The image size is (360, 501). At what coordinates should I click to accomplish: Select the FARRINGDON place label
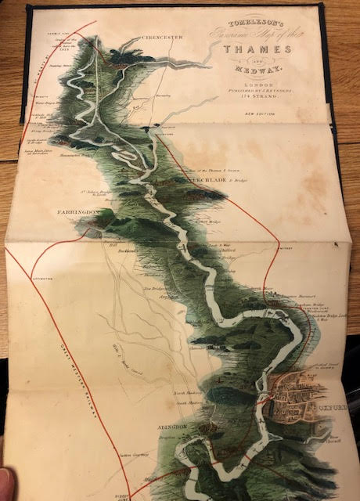pyautogui.click(x=77, y=212)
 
